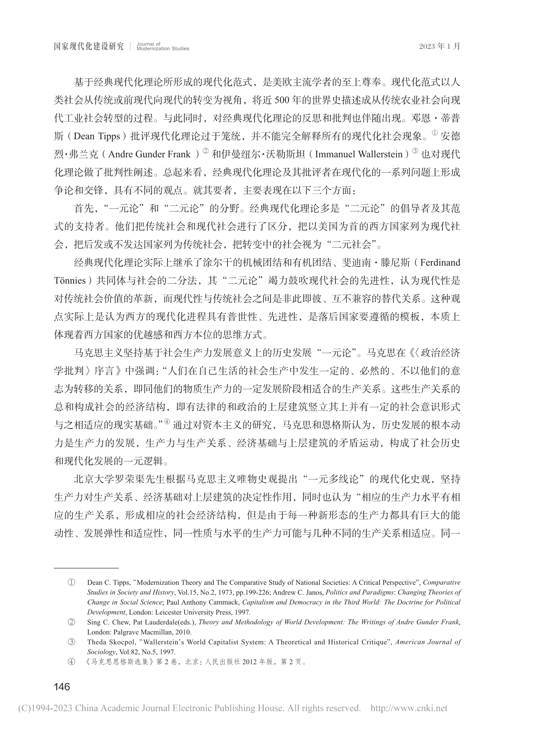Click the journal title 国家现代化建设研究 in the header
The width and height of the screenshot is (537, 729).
click(89, 46)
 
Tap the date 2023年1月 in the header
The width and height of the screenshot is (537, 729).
click(440, 46)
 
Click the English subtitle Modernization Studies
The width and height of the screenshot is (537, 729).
click(163, 49)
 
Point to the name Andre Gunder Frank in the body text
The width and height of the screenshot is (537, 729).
click(149, 154)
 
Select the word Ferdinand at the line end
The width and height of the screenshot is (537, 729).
click(440, 263)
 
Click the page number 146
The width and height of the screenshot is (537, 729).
click(62, 687)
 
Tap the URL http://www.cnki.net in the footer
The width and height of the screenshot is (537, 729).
click(409, 708)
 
